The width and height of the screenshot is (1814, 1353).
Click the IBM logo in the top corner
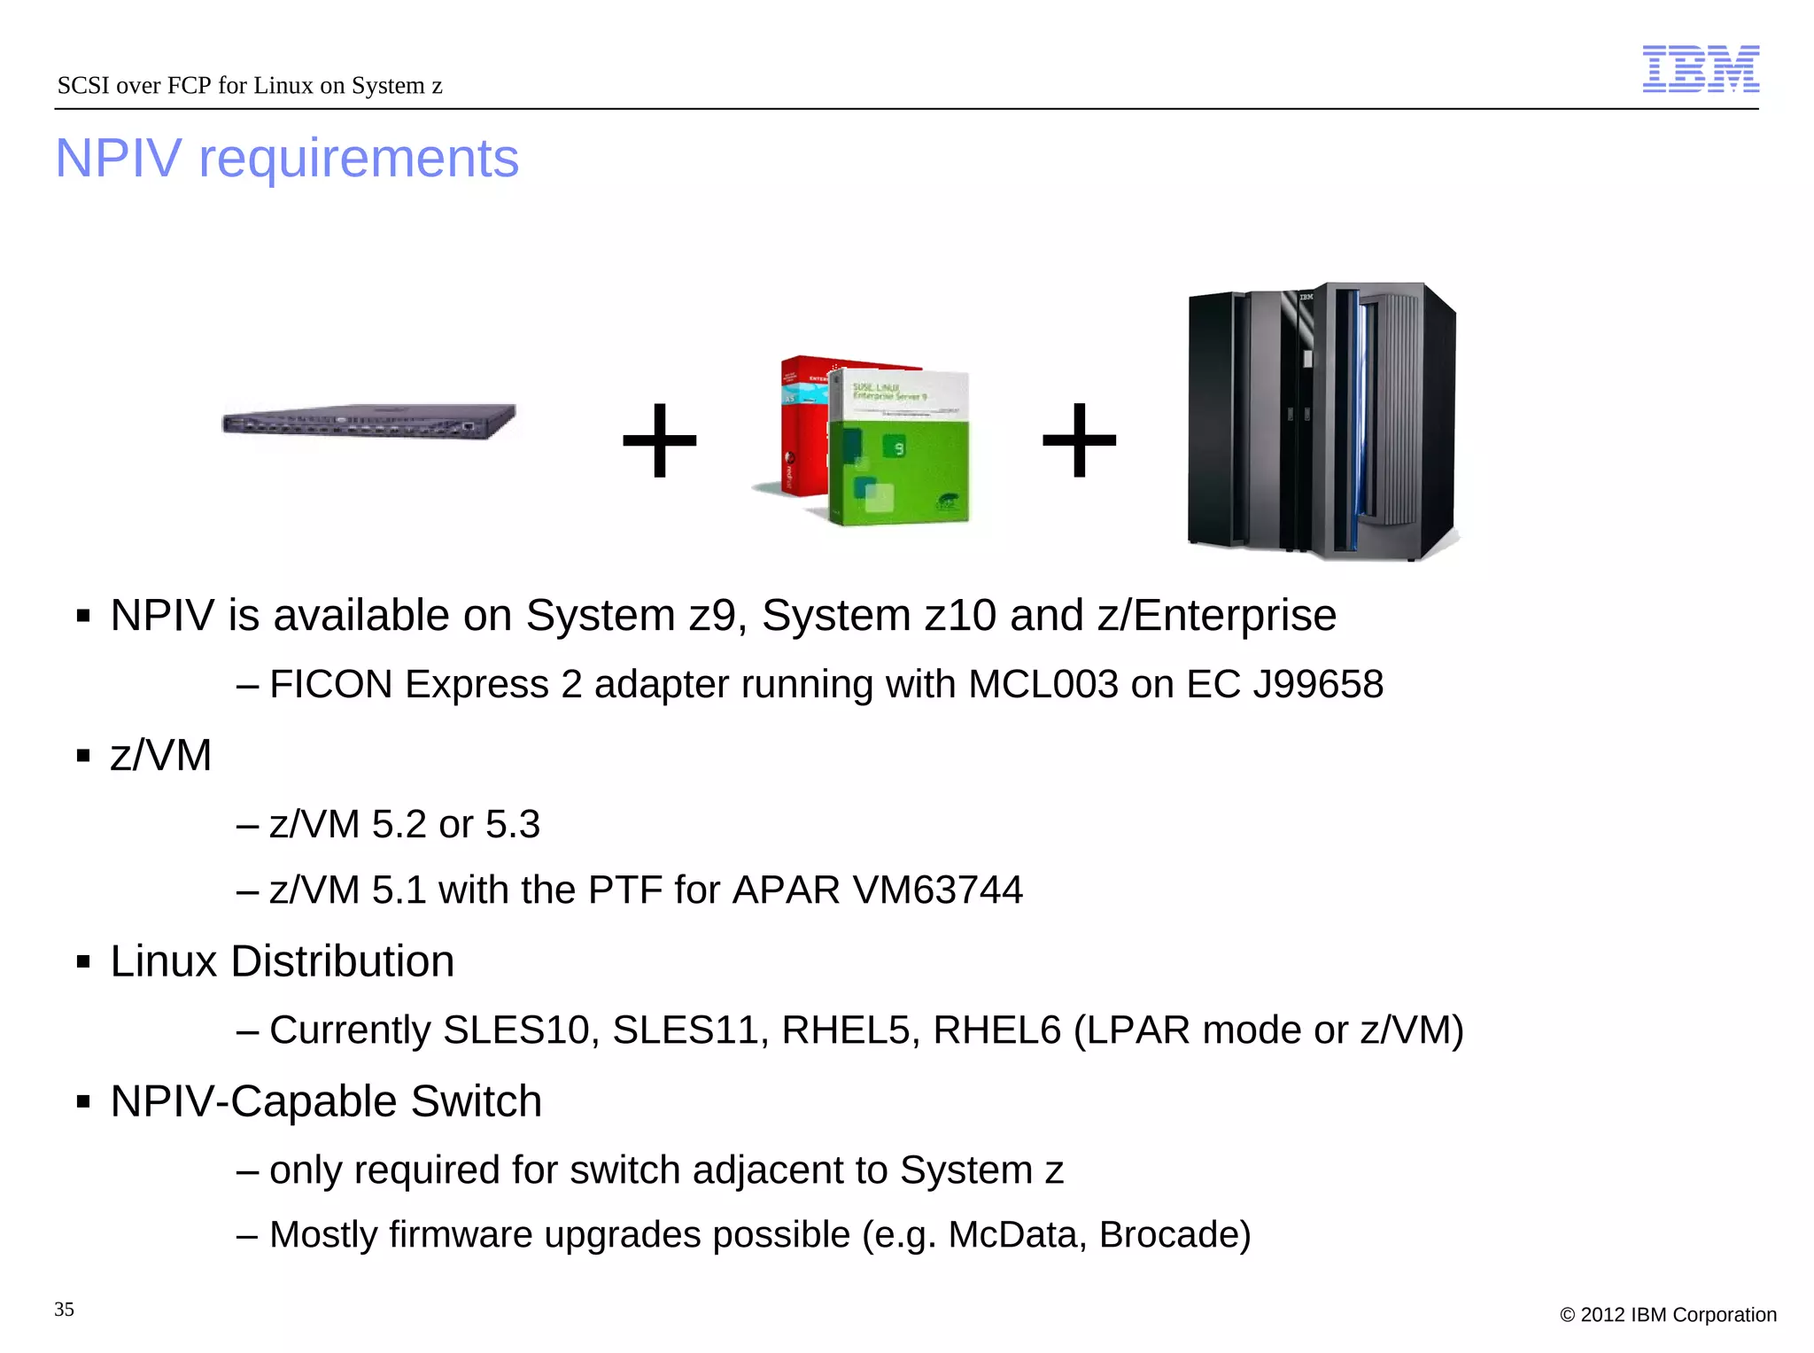click(1701, 69)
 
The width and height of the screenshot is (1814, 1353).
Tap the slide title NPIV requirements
click(287, 159)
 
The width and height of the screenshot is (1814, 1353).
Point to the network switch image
click(368, 421)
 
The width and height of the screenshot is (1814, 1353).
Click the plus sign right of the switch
click(660, 440)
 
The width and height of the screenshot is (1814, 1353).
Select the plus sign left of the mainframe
click(1079, 440)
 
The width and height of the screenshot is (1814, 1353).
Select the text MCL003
click(1043, 685)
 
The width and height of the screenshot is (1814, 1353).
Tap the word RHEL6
click(996, 1030)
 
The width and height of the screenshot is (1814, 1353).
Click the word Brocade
click(1174, 1235)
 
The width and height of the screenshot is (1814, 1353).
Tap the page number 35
click(64, 1310)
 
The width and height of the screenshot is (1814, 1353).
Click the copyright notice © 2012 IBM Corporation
click(1668, 1315)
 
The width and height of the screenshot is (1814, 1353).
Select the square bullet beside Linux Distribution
click(84, 962)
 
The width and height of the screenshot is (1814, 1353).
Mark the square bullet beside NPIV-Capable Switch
click(84, 1102)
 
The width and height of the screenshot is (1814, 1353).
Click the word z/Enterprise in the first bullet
click(1216, 616)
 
